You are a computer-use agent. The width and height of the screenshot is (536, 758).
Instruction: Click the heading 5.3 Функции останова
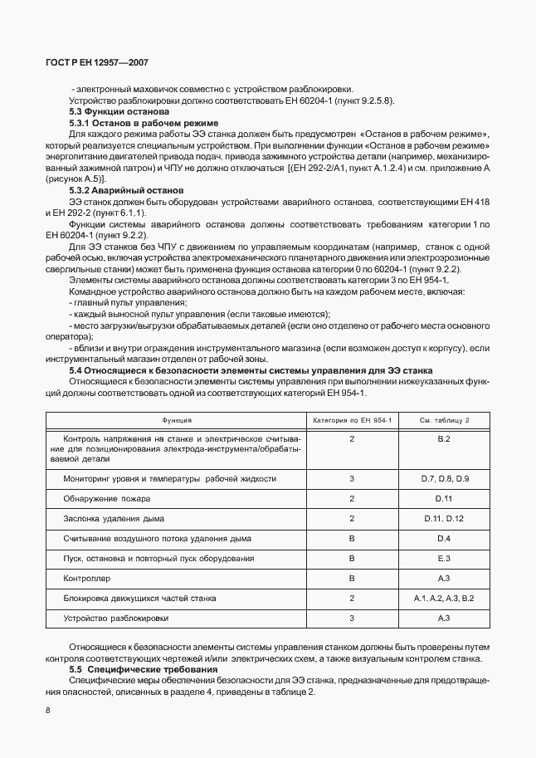coord(119,111)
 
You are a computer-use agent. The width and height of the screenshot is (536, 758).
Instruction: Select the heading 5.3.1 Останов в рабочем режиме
coord(132,122)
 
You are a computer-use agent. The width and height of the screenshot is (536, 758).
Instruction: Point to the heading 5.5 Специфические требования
coord(137,669)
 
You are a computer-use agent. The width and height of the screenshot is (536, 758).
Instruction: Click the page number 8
coord(47,710)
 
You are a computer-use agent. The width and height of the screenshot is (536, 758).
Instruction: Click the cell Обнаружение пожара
coord(107,499)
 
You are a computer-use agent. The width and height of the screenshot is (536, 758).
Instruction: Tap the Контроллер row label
coord(86,578)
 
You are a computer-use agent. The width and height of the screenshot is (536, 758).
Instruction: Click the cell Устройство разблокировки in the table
coord(115,618)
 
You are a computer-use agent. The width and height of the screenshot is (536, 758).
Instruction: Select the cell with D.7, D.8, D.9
coord(443,479)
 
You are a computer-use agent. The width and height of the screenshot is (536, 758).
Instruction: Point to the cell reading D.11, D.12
coord(443,519)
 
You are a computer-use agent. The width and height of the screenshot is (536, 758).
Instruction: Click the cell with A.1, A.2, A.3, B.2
coord(443,598)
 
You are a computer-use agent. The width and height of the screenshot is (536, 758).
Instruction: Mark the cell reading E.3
coord(443,558)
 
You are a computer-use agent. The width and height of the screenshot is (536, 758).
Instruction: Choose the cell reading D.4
coord(443,538)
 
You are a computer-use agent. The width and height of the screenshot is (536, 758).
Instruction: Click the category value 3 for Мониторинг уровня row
coord(352,479)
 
